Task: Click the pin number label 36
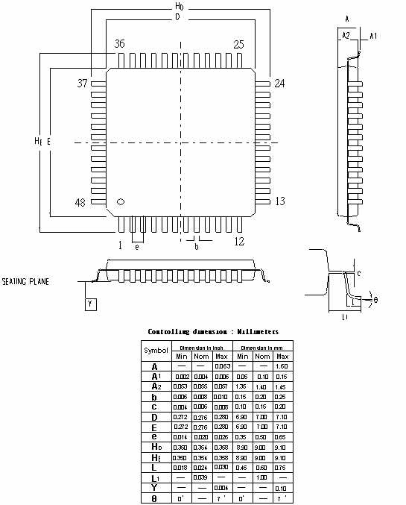(x=119, y=45)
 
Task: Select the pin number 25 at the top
(x=238, y=45)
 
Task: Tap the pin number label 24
(x=279, y=83)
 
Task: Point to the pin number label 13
(x=280, y=201)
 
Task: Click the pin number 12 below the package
(x=239, y=242)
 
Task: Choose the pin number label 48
(x=82, y=202)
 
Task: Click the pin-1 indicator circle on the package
(x=121, y=201)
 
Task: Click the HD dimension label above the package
(x=179, y=6)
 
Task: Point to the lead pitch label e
(x=136, y=246)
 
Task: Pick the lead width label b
(x=196, y=246)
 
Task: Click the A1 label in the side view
(x=374, y=35)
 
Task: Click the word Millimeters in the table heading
(x=256, y=331)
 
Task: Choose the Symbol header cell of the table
(x=156, y=350)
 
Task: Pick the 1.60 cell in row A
(x=282, y=366)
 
